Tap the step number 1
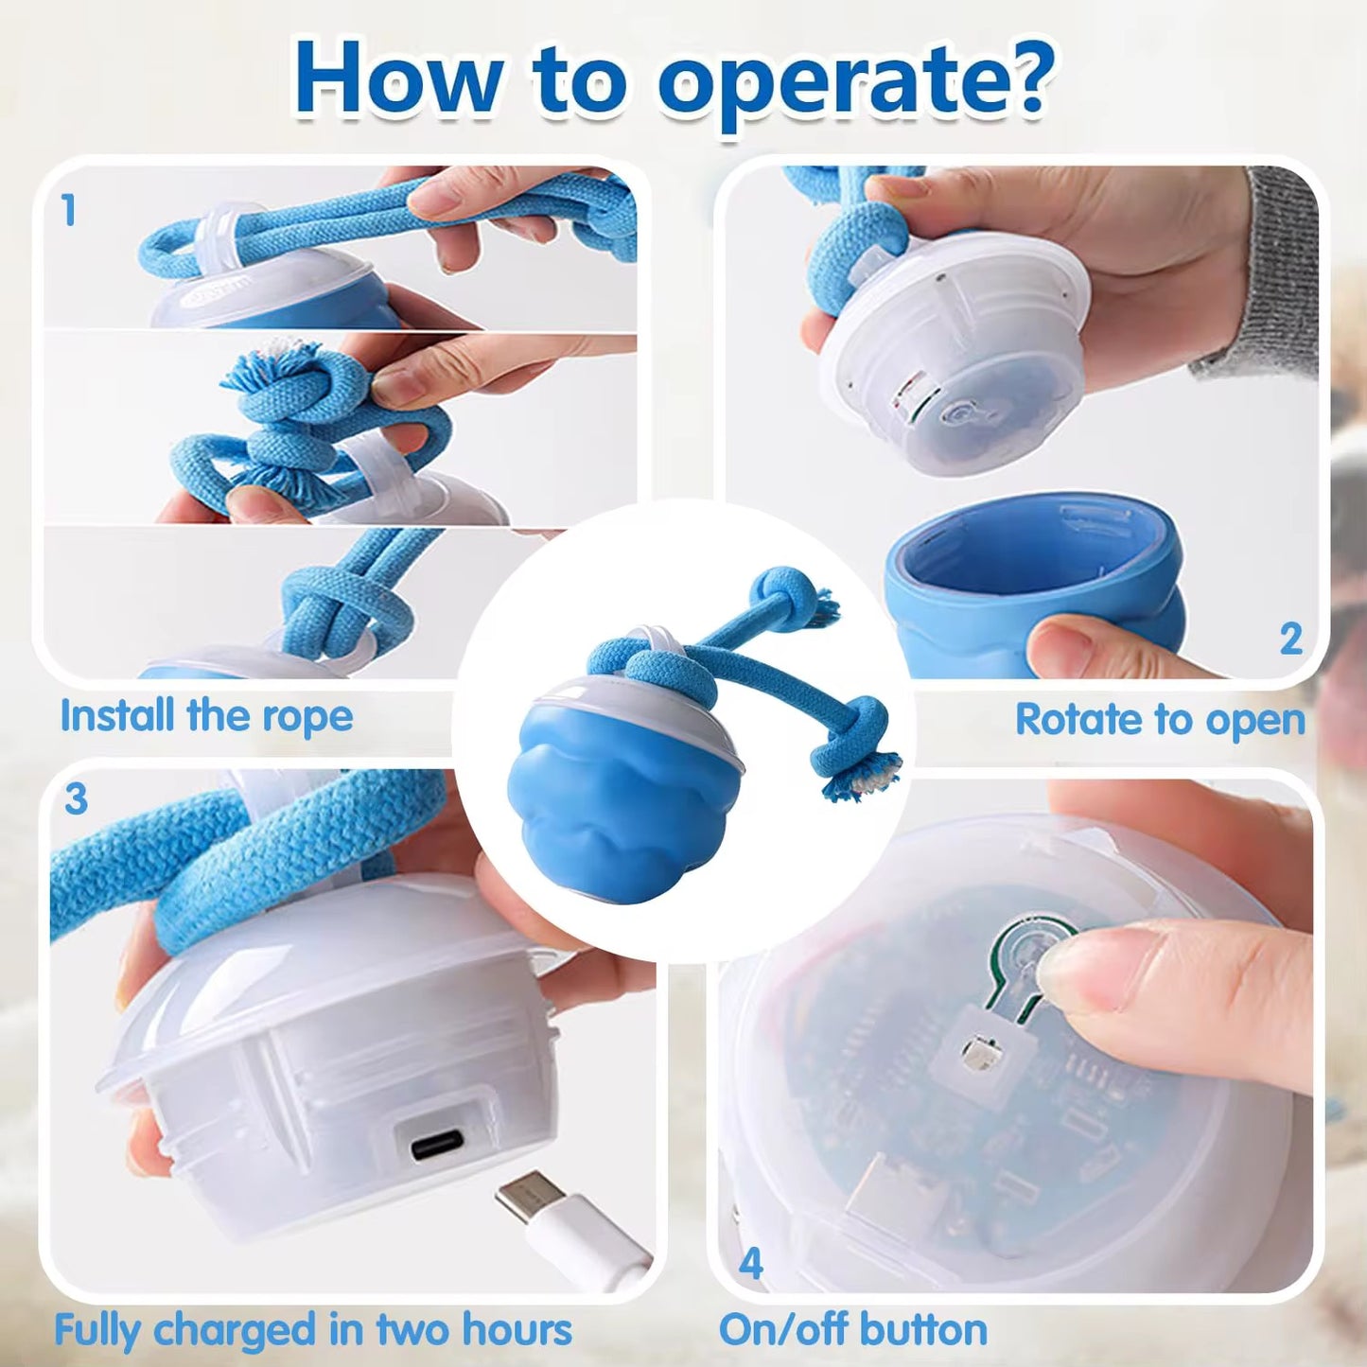point(68,210)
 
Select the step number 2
point(1290,640)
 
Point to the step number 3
point(76,799)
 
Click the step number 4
point(750,1264)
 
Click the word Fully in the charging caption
point(97,1330)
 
